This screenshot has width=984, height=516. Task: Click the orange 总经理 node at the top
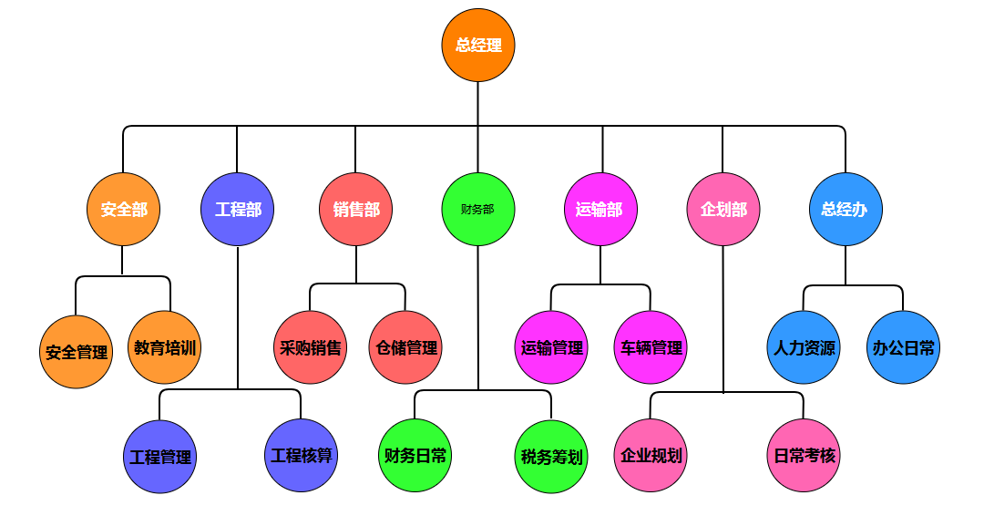pyautogui.click(x=478, y=45)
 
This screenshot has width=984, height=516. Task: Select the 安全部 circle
pyautogui.click(x=124, y=210)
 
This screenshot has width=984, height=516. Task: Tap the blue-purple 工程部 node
pyautogui.click(x=238, y=210)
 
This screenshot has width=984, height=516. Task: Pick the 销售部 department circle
pyautogui.click(x=356, y=210)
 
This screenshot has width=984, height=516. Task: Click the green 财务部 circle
pyautogui.click(x=478, y=210)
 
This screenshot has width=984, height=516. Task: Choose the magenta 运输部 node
pyautogui.click(x=600, y=210)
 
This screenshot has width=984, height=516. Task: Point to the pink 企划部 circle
pyautogui.click(x=723, y=210)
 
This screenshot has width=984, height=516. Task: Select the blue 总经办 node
pyautogui.click(x=846, y=210)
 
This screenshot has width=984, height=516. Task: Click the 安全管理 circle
pyautogui.click(x=77, y=352)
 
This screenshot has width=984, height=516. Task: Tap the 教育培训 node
pyautogui.click(x=165, y=347)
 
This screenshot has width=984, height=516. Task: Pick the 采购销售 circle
pyautogui.click(x=311, y=347)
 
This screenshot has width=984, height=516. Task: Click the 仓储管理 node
pyautogui.click(x=406, y=347)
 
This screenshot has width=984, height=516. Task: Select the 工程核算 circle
pyautogui.click(x=302, y=455)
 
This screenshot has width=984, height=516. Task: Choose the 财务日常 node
pyautogui.click(x=416, y=455)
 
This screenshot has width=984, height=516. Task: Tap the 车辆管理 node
pyautogui.click(x=651, y=347)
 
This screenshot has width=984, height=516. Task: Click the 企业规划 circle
pyautogui.click(x=651, y=455)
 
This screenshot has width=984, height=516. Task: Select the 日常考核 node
pyautogui.click(x=805, y=455)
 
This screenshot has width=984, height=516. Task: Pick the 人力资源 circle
pyautogui.click(x=804, y=347)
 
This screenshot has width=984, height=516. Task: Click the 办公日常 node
pyautogui.click(x=903, y=347)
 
